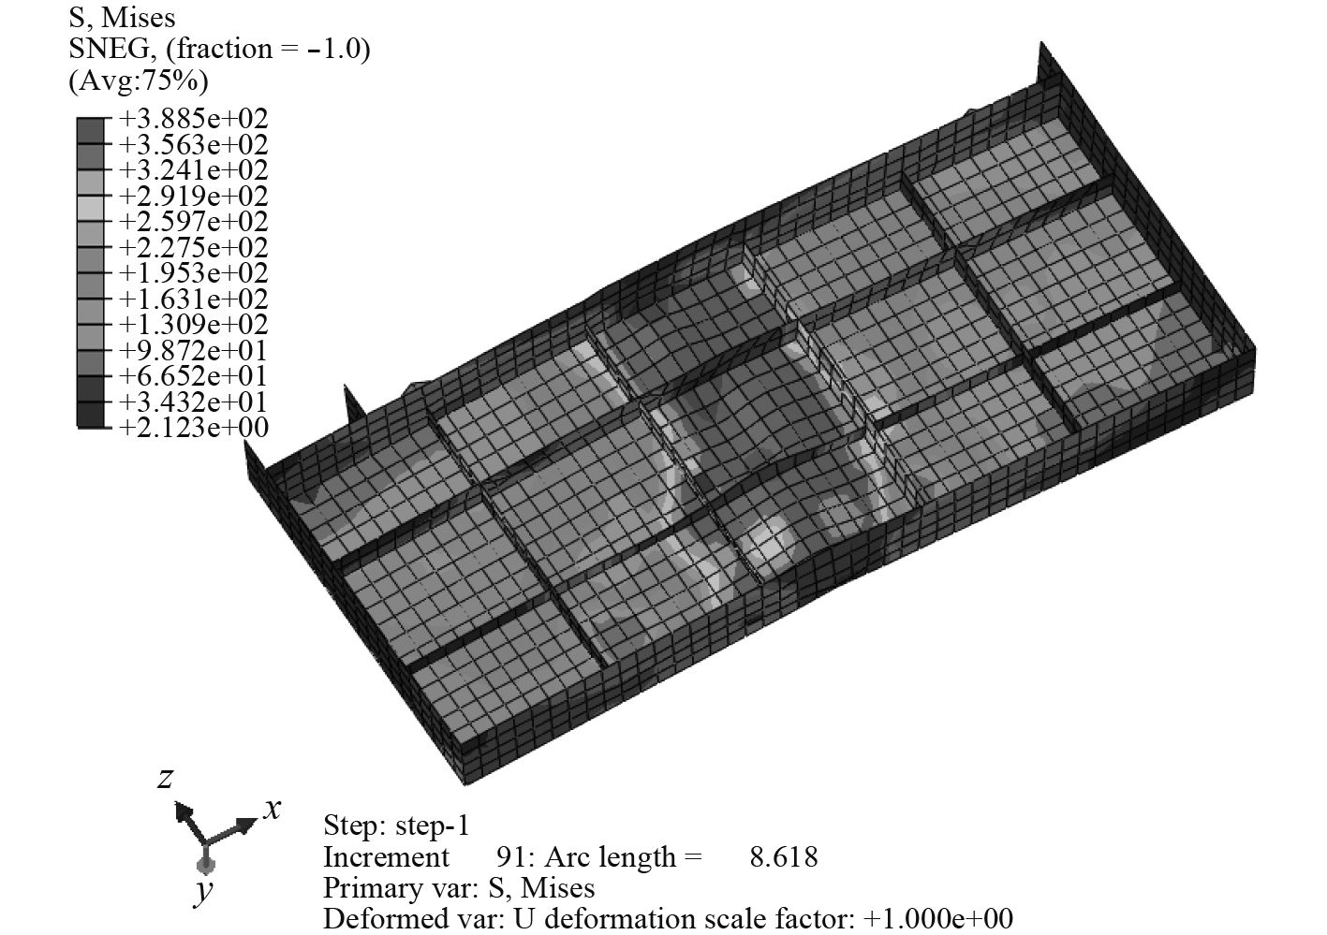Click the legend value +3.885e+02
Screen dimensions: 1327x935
point(194,119)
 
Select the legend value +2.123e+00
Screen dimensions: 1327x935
point(194,427)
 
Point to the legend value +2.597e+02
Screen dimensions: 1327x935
point(194,222)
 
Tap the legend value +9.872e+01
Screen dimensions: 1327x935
point(194,350)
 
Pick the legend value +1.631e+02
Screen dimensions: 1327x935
point(194,299)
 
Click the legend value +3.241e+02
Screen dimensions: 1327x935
point(194,170)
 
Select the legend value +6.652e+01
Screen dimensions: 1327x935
point(194,375)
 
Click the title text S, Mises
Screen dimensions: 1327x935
point(122,19)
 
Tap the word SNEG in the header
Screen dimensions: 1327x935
point(109,49)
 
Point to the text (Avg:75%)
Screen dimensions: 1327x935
point(139,80)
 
